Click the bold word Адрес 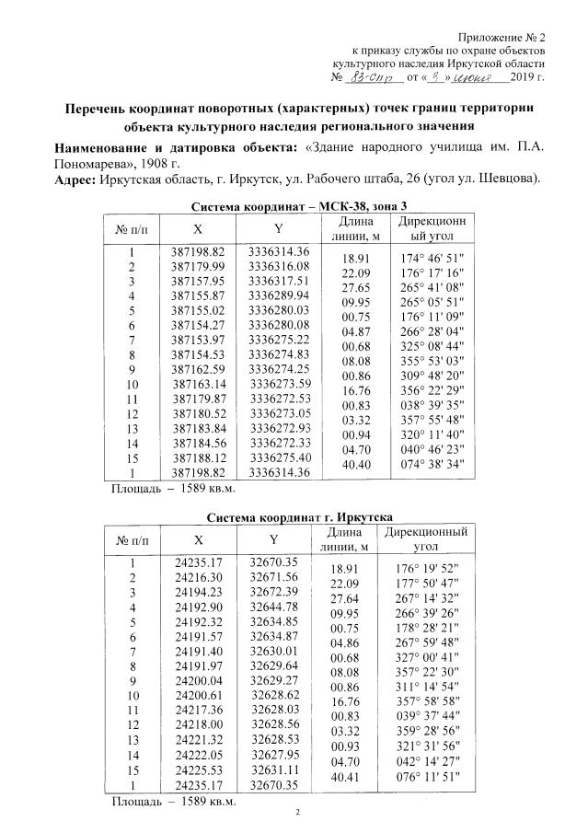pos(75,178)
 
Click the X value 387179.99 pos(198,266)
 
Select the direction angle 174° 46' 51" pos(429,259)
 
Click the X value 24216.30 pos(198,577)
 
